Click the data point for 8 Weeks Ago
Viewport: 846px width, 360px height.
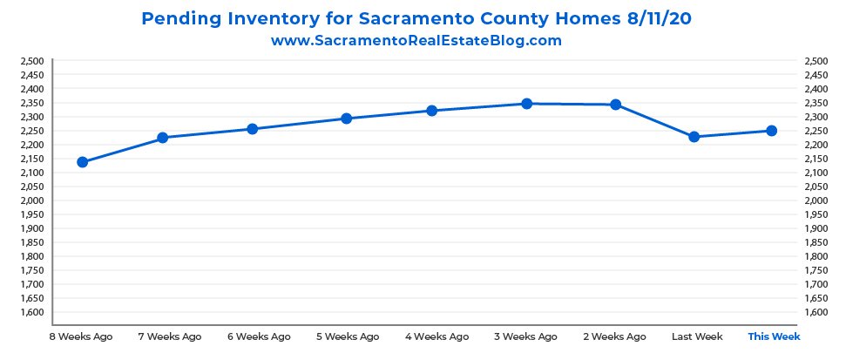click(83, 162)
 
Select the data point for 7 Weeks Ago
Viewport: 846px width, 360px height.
click(162, 138)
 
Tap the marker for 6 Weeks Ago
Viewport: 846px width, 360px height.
click(253, 129)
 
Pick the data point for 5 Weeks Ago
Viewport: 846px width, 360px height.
click(346, 119)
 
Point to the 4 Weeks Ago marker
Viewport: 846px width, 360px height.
click(432, 111)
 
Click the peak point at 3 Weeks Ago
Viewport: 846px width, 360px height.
click(526, 104)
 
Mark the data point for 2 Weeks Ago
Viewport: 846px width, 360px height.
click(616, 105)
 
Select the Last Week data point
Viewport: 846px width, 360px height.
click(694, 137)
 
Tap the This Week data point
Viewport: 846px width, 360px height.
click(771, 131)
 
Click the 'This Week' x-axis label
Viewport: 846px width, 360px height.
click(774, 336)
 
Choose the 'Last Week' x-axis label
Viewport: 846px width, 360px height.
click(698, 336)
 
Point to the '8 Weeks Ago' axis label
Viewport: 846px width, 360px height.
click(81, 336)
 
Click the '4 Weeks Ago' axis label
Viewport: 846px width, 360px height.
click(437, 336)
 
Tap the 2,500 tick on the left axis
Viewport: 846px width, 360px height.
click(31, 61)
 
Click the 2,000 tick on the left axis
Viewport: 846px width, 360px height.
click(31, 200)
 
